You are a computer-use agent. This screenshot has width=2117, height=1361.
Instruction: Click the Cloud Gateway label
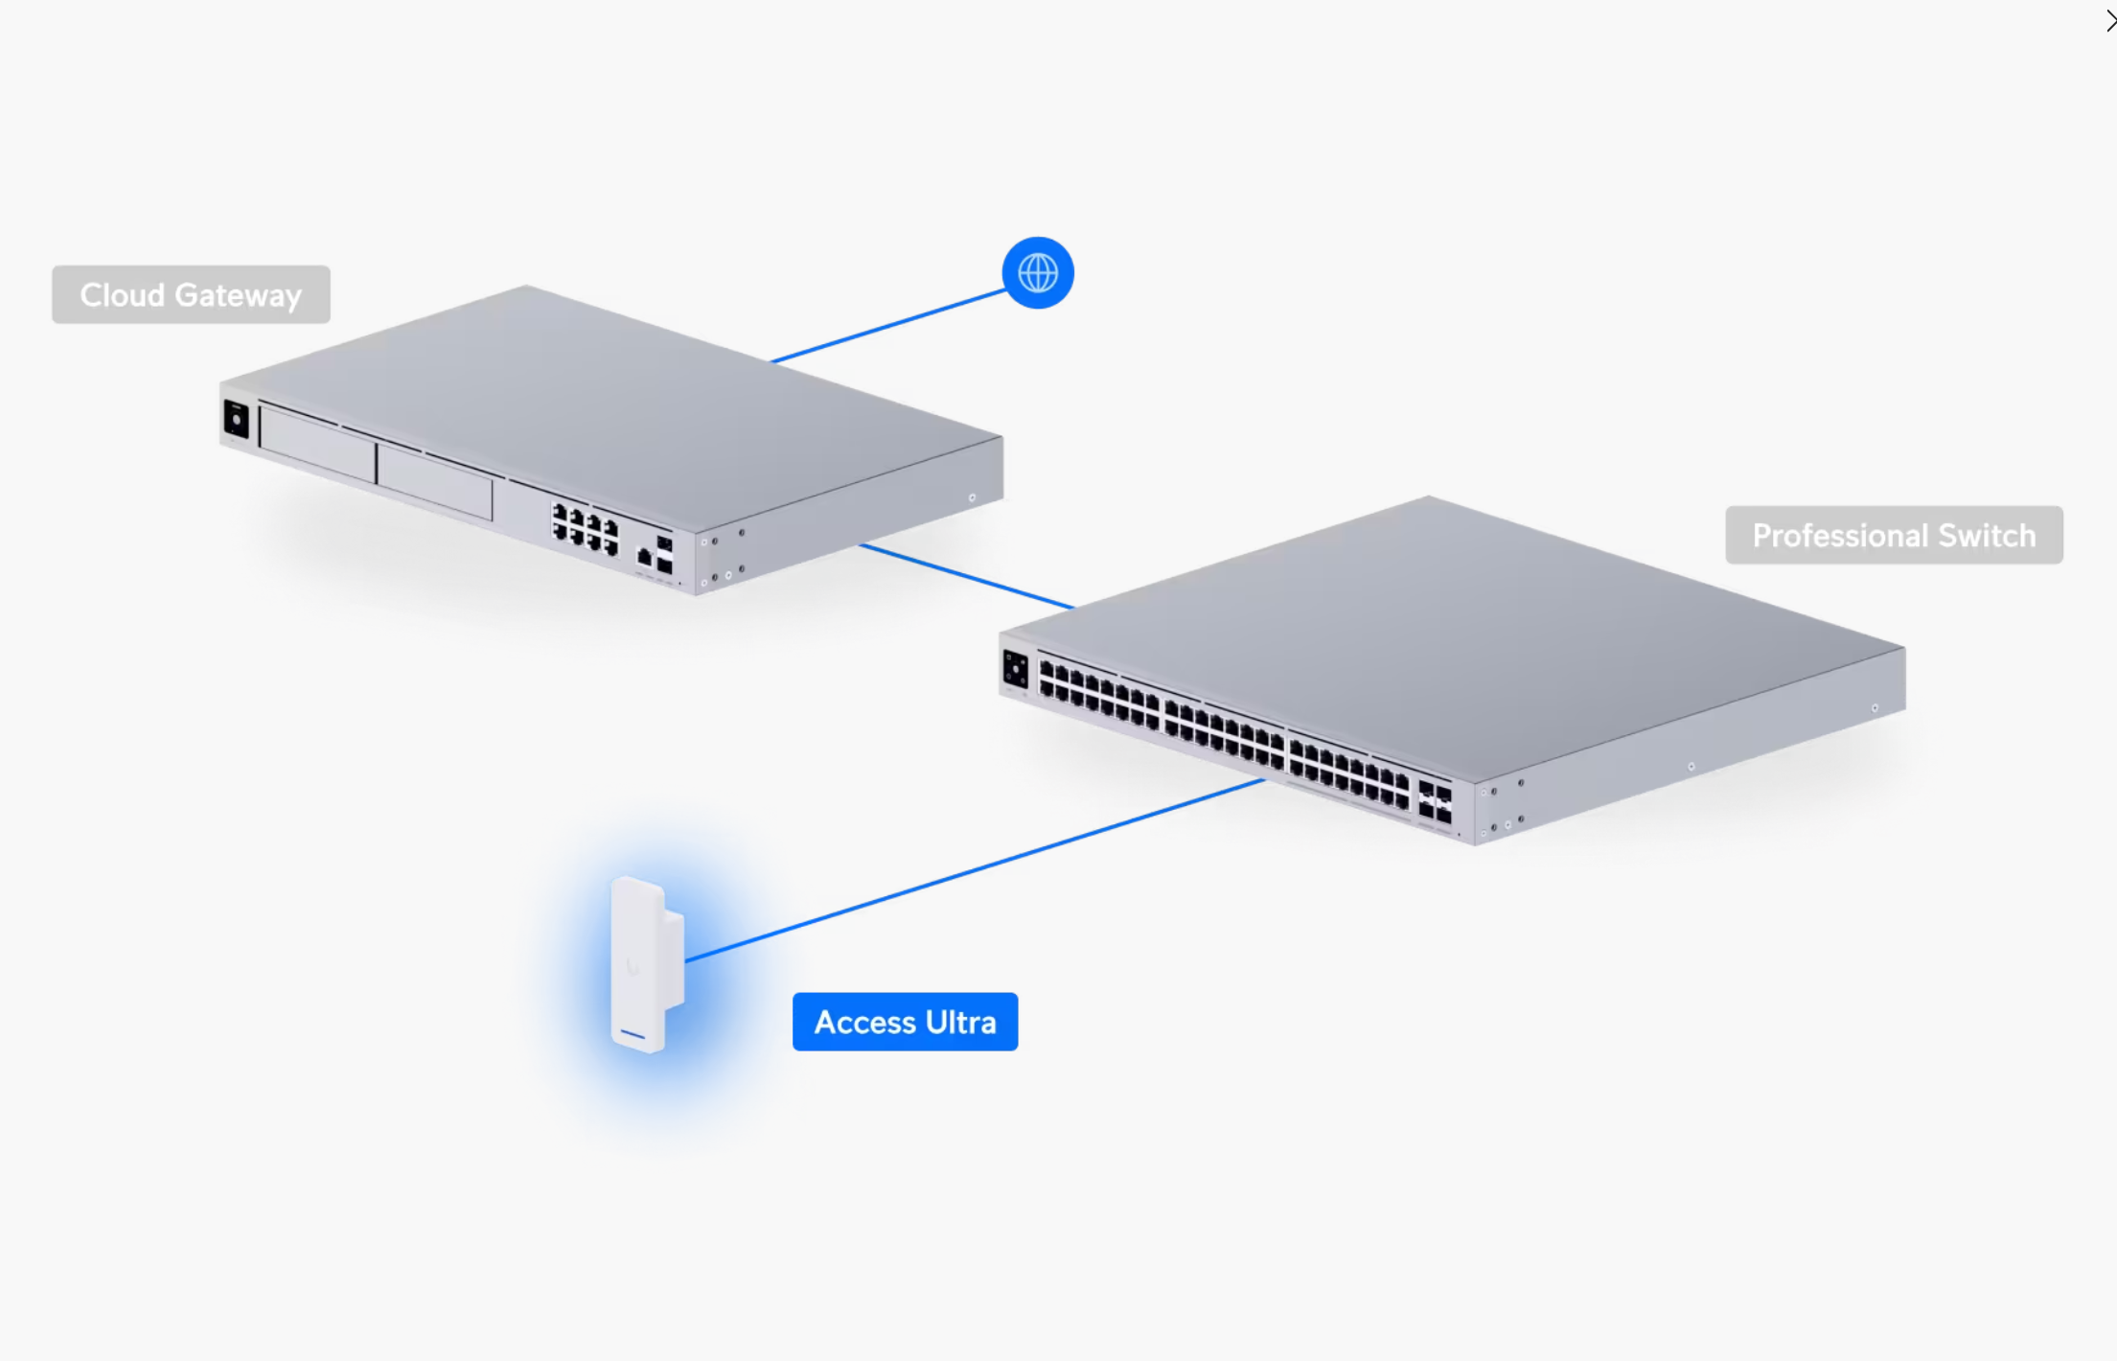coord(191,294)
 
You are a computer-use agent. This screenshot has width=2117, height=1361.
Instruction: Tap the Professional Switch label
coord(1893,535)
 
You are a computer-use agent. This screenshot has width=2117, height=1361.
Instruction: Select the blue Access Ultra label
coord(905,1022)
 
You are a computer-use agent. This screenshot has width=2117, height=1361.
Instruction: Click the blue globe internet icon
coord(1037,273)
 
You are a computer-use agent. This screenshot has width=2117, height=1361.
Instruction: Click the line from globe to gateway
coord(886,326)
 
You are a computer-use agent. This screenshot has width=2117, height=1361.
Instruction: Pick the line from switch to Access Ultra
coord(973,871)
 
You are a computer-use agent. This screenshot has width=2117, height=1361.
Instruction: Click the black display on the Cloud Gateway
coord(236,420)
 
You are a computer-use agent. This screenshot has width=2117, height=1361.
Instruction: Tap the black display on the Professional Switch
coord(1015,669)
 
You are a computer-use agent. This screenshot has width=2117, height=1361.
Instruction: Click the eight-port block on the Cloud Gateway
coord(585,530)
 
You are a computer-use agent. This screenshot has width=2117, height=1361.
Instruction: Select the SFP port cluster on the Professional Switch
coord(1435,802)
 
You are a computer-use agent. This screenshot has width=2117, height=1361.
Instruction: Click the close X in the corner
coord(2109,20)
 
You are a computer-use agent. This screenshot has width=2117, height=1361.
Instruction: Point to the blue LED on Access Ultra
coord(633,1034)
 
